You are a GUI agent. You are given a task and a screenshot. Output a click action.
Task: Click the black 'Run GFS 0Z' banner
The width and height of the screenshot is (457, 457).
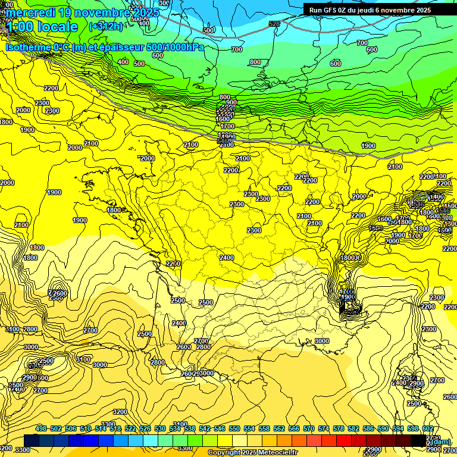pos(370,10)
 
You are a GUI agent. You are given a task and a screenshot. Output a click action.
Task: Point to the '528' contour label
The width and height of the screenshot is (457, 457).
pos(274,24)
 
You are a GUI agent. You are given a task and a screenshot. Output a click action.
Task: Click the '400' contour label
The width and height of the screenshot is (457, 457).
pos(123,62)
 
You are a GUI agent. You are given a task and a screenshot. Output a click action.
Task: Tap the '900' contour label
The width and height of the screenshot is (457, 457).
pos(231,102)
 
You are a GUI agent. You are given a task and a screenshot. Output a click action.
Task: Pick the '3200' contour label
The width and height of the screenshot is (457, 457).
pos(120,412)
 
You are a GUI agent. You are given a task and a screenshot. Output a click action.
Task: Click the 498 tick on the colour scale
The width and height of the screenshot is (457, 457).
pos(41,428)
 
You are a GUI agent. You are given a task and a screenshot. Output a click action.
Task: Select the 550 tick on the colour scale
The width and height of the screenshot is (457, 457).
pos(234,428)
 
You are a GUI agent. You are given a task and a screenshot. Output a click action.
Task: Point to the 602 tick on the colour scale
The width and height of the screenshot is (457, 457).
pos(428,428)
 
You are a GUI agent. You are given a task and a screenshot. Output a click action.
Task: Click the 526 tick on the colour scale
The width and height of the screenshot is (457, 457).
pos(145,428)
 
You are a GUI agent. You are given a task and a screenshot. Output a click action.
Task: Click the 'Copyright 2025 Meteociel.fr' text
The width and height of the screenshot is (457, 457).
pos(253,453)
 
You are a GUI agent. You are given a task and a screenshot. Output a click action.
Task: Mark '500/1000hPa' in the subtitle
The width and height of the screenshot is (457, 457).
pos(176,48)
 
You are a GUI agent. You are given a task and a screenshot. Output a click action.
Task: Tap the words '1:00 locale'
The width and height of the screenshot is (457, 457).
pos(42,27)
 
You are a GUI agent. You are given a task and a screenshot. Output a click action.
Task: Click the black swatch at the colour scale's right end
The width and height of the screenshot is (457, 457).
pos(418,440)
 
